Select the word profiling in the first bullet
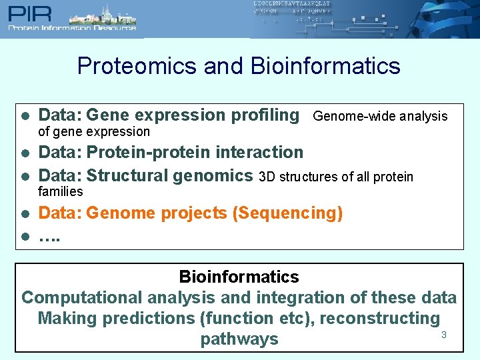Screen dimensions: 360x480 (265, 115)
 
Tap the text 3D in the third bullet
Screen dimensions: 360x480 (267, 177)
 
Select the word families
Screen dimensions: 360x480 (61, 192)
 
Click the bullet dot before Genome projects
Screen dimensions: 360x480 (23, 214)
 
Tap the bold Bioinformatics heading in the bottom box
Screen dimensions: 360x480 (239, 277)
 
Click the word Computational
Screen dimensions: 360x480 (82, 298)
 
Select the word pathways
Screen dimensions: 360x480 (239, 339)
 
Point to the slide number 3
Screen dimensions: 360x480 (443, 335)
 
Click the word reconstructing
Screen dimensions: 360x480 (380, 319)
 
